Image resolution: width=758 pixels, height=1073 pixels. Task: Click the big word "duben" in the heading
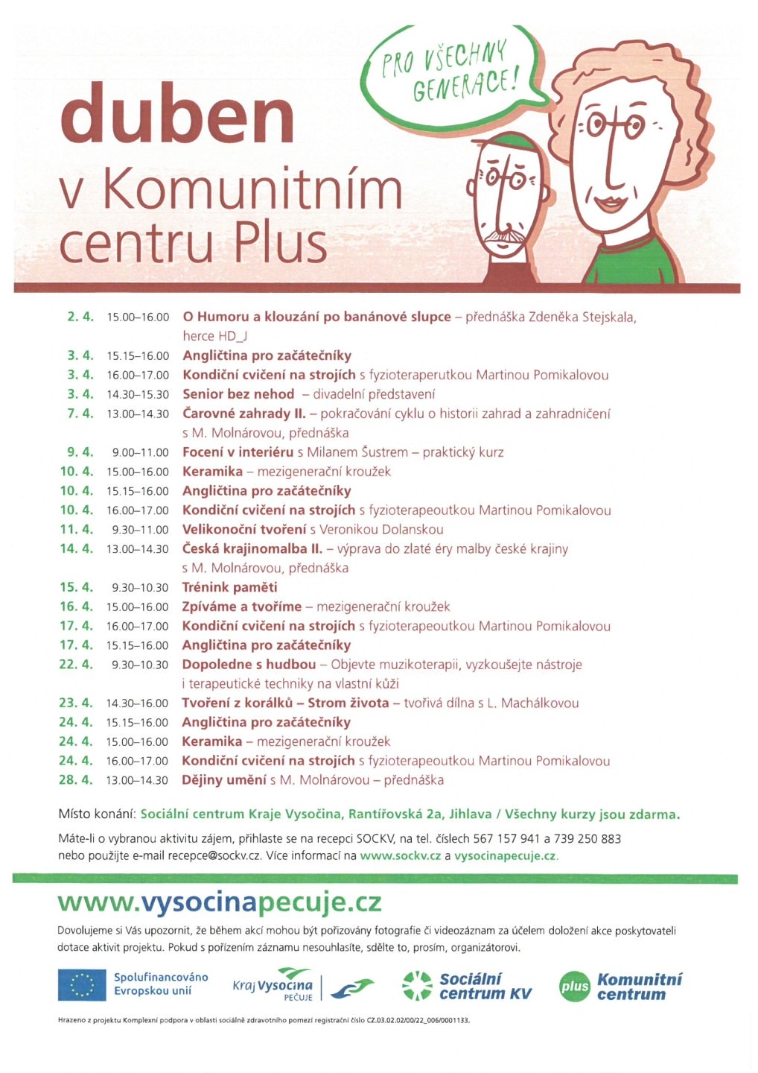coord(177,114)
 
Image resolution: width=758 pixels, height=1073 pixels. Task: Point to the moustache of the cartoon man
coord(505,238)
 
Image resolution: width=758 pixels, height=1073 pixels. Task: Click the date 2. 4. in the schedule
coord(80,317)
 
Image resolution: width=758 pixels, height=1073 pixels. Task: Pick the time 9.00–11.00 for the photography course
coord(141,452)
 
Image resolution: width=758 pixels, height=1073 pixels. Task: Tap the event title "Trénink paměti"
coord(229,587)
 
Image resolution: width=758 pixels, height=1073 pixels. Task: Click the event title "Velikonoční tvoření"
coord(244,529)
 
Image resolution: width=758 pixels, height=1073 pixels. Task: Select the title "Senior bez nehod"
coord(238,394)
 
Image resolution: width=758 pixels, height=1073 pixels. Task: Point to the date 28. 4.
coord(76,780)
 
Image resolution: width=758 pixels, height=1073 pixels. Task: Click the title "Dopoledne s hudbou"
coord(249,664)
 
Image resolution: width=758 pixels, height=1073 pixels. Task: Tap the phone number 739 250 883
coord(587,838)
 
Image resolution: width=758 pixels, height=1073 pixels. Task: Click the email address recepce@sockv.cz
coord(214,855)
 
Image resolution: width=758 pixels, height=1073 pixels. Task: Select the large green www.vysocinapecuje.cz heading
coord(220,902)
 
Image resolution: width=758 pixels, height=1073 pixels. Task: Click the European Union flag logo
coord(82,984)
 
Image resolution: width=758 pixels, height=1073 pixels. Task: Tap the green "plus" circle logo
coord(574,986)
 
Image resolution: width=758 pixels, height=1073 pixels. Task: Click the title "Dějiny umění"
coord(224,780)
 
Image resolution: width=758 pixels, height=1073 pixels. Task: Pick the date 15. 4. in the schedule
coord(76,587)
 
